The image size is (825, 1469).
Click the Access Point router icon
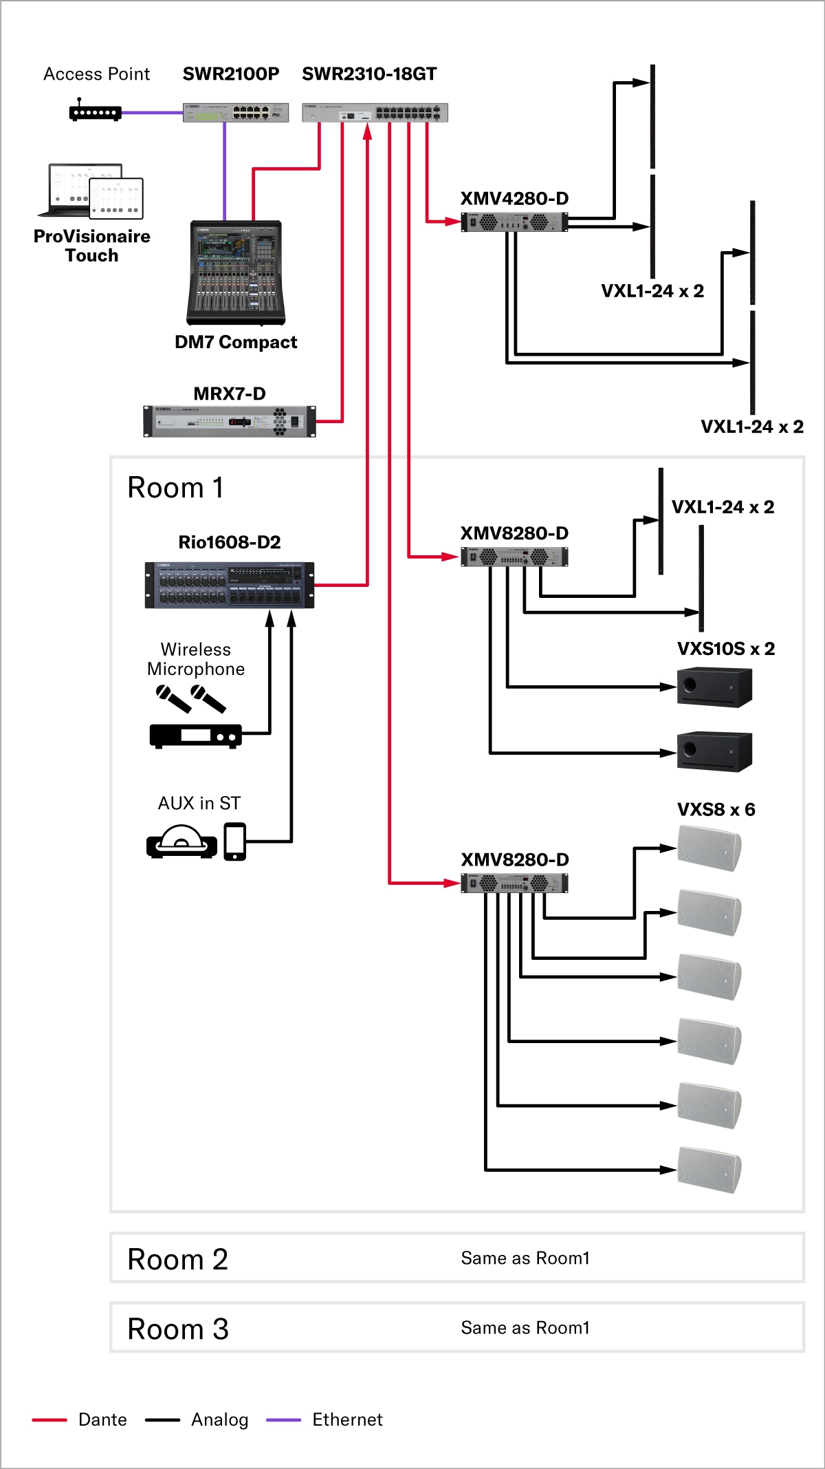[95, 112]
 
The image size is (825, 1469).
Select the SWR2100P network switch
[236, 113]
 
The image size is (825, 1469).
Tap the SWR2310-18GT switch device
[375, 113]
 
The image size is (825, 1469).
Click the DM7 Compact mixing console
[236, 273]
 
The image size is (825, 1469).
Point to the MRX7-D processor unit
[230, 421]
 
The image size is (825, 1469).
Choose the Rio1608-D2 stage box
[230, 585]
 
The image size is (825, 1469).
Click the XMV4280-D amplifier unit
[514, 222]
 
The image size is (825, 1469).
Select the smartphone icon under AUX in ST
[234, 841]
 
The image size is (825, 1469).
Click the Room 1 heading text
[176, 488]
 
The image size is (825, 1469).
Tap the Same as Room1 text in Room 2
[525, 1258]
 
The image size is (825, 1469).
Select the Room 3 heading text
[178, 1329]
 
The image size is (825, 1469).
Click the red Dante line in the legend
[49, 1419]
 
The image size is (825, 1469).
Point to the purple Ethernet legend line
[283, 1419]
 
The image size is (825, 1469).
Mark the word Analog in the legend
[219, 1419]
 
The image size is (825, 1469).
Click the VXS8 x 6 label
[716, 809]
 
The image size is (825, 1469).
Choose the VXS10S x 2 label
[725, 649]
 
